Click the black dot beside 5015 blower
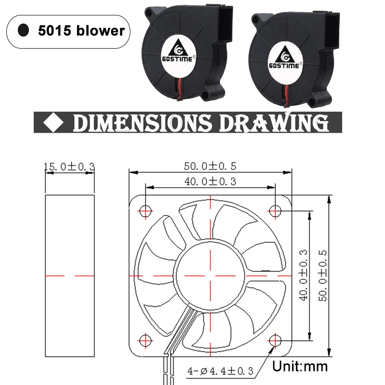point(23,31)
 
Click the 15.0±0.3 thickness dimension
point(69,167)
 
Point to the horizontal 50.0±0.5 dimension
point(210,167)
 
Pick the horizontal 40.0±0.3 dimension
point(210,181)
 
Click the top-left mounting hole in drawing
point(146,210)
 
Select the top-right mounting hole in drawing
point(275,210)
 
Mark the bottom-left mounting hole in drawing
point(146,340)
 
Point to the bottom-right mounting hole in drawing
point(275,340)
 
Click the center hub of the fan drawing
point(210,276)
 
